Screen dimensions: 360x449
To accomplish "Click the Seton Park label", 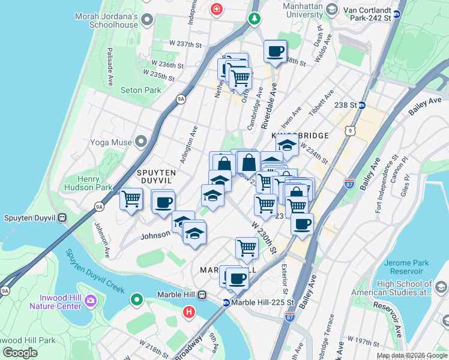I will click(x=140, y=90).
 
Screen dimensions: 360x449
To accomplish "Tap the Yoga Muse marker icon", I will click(x=141, y=142).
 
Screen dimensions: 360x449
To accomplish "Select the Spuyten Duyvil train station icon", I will click(x=62, y=218).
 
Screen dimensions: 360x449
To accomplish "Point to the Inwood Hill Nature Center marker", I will click(x=91, y=300).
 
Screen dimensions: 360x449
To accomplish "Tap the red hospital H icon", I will click(x=189, y=312).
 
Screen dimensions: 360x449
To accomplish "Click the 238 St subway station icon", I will click(x=362, y=105).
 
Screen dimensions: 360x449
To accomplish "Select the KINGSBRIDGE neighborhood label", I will click(x=300, y=136).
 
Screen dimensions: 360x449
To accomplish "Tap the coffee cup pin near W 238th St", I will click(x=275, y=52).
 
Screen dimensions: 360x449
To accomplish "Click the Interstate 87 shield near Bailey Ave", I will click(x=349, y=181).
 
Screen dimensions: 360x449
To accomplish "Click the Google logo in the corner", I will click(x=20, y=353).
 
